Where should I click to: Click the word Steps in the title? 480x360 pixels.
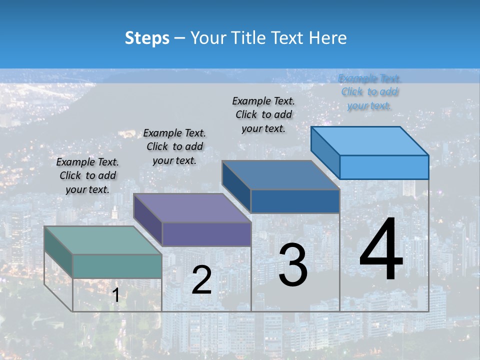tap(147, 38)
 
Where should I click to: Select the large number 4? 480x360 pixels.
tap(381, 250)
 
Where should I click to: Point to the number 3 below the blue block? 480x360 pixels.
tap(293, 265)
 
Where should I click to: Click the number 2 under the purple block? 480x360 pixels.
tap(201, 280)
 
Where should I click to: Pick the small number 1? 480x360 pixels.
tap(115, 295)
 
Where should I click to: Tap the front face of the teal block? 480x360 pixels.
tap(117, 266)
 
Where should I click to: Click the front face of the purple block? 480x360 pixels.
tap(206, 234)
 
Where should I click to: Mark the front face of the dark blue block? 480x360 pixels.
tap(295, 201)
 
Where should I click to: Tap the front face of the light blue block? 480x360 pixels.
tap(384, 167)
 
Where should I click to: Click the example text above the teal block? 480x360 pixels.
tap(87, 175)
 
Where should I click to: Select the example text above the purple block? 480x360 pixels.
tap(174, 146)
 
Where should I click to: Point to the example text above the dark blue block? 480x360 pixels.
tap(263, 114)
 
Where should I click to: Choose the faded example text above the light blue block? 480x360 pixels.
tap(369, 92)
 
